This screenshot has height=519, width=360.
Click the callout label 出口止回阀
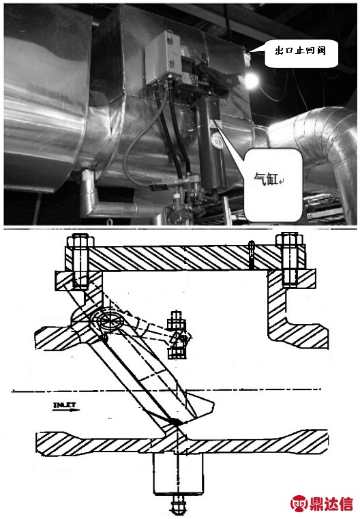click(x=301, y=51)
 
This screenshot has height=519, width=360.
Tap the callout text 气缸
click(x=266, y=179)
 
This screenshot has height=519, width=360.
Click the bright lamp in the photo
click(x=251, y=80)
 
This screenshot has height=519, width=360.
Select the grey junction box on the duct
click(x=162, y=57)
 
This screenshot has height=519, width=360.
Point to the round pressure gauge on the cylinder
click(x=217, y=140)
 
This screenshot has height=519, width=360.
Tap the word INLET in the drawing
click(x=65, y=405)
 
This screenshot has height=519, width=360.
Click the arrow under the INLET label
click(x=67, y=410)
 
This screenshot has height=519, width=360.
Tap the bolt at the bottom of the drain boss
click(x=179, y=505)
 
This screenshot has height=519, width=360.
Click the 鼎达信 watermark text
click(x=331, y=503)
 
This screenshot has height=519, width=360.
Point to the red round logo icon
click(x=299, y=503)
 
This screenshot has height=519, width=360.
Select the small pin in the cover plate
click(x=251, y=254)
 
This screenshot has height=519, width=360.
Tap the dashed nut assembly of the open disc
click(x=177, y=335)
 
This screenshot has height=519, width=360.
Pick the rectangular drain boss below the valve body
click(x=178, y=474)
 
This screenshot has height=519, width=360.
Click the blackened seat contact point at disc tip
click(x=175, y=421)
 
